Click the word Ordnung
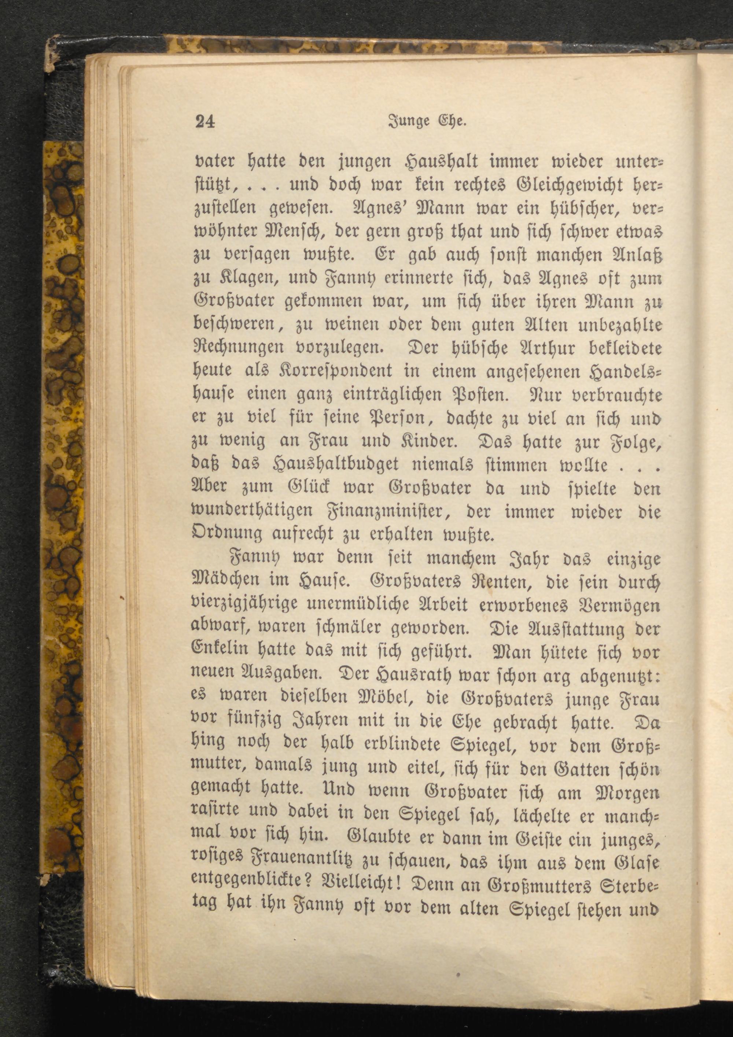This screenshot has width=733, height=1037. [228, 535]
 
